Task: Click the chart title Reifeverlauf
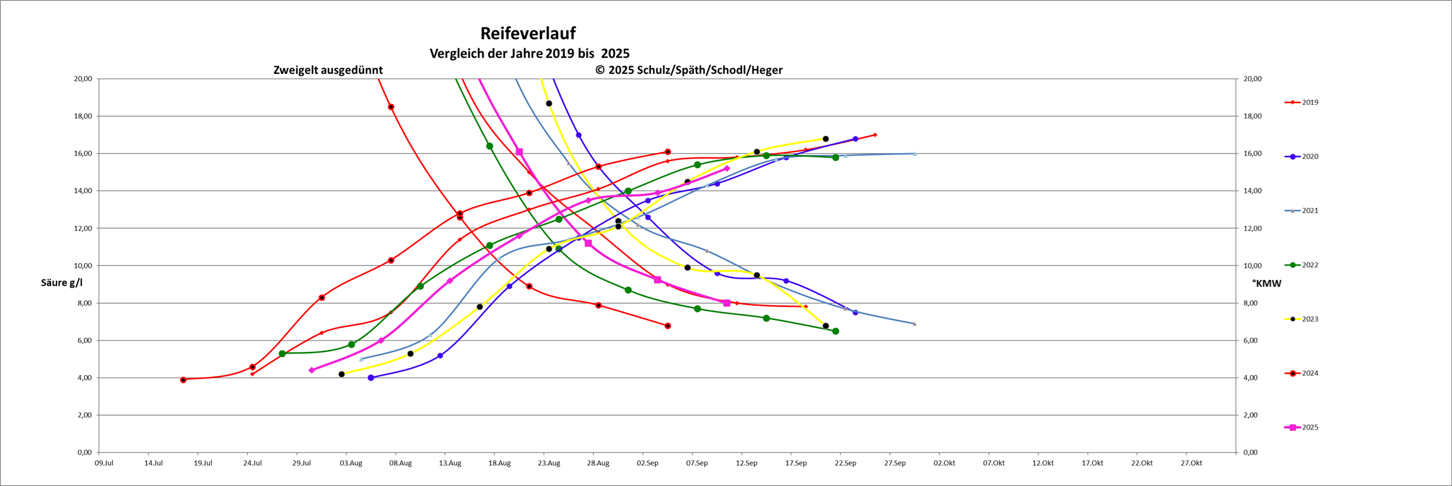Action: point(528,33)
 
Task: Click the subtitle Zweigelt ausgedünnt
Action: point(328,70)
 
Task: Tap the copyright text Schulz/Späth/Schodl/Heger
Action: point(689,70)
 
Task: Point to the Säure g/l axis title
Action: point(62,283)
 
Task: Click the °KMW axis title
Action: point(1266,283)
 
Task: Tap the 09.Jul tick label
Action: point(104,463)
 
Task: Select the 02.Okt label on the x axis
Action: point(944,463)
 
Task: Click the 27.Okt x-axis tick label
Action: point(1191,463)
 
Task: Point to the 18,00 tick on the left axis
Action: point(83,116)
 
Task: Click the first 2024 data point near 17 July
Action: point(183,380)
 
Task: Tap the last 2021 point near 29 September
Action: point(914,324)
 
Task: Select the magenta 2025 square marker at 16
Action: point(519,152)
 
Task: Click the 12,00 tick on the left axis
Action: point(83,229)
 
